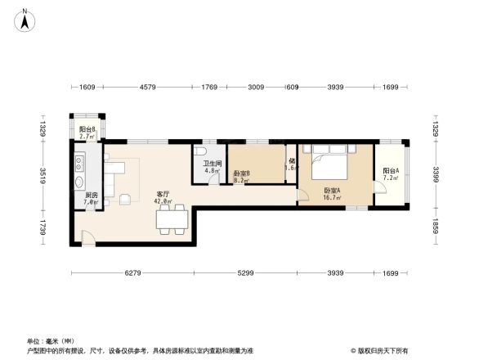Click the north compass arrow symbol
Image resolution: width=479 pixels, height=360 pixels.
pyautogui.click(x=26, y=20)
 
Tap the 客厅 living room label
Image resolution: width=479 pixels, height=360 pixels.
pyautogui.click(x=163, y=193)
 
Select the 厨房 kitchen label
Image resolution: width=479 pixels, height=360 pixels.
pyautogui.click(x=91, y=195)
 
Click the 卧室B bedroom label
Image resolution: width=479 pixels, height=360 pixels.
pyautogui.click(x=241, y=173)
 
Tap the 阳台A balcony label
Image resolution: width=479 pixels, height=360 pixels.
pyautogui.click(x=390, y=170)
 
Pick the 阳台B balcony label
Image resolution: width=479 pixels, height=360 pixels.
pyautogui.click(x=87, y=129)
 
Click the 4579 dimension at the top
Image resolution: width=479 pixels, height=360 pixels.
pyautogui.click(x=148, y=86)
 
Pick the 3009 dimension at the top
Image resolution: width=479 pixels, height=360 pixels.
pyautogui.click(x=256, y=86)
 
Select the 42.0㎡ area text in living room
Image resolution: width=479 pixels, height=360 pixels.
pyautogui.click(x=163, y=200)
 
